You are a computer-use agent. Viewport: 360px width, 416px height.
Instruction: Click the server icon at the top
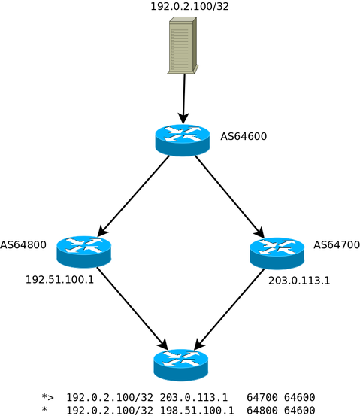coord(183,46)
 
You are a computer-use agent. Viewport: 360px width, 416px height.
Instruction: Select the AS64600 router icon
coord(182,140)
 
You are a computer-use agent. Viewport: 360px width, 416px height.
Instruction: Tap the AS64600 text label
coord(244,137)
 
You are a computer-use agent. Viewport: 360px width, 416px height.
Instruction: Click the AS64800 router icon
coord(83,251)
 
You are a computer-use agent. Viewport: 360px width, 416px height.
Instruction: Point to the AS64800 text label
coord(23,245)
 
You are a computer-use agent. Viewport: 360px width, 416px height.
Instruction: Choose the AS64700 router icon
coord(277,253)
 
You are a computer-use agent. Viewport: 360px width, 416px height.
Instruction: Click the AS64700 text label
coord(336,245)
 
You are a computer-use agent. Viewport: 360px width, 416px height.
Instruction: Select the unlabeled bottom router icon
coord(180,364)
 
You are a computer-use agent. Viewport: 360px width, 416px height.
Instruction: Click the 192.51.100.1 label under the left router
coord(59,280)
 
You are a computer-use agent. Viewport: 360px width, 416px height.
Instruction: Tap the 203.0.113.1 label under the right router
coord(299,281)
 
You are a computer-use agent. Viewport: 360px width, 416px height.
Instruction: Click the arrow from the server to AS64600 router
coord(183,98)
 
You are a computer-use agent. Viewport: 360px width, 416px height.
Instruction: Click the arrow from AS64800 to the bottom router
coord(132,308)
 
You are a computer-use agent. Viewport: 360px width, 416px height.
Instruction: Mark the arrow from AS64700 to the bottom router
coord(229,309)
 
